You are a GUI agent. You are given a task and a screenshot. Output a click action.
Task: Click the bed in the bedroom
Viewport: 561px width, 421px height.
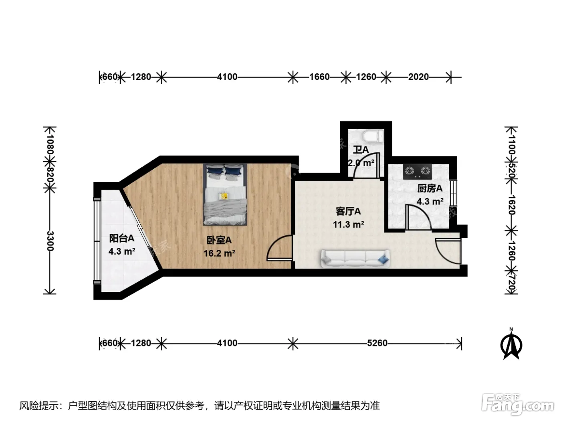(x=225, y=194)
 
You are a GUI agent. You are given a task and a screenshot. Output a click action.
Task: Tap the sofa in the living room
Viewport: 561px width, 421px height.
(x=355, y=259)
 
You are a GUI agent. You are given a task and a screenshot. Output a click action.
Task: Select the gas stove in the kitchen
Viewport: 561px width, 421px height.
(x=418, y=172)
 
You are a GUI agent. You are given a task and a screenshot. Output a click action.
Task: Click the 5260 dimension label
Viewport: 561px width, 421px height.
(x=377, y=343)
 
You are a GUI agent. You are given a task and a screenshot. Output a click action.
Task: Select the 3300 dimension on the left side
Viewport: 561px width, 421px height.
(x=50, y=241)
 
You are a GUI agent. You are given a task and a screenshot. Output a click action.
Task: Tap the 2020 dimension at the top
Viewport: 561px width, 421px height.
(x=418, y=77)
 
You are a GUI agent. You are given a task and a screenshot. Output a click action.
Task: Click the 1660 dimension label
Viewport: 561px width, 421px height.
(x=319, y=77)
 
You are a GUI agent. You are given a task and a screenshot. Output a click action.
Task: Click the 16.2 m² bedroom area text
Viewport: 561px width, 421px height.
(x=219, y=253)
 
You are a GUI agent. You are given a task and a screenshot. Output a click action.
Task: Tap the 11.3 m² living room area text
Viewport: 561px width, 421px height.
(x=348, y=225)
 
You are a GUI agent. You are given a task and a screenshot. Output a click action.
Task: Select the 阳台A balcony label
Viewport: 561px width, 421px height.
(x=122, y=238)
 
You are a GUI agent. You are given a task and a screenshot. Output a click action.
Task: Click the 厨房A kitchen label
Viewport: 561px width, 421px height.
(x=430, y=188)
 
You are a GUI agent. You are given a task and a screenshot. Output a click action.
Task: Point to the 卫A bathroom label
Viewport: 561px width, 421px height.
(x=361, y=150)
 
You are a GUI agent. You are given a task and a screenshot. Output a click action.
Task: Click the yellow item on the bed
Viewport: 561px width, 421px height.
(x=224, y=196)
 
